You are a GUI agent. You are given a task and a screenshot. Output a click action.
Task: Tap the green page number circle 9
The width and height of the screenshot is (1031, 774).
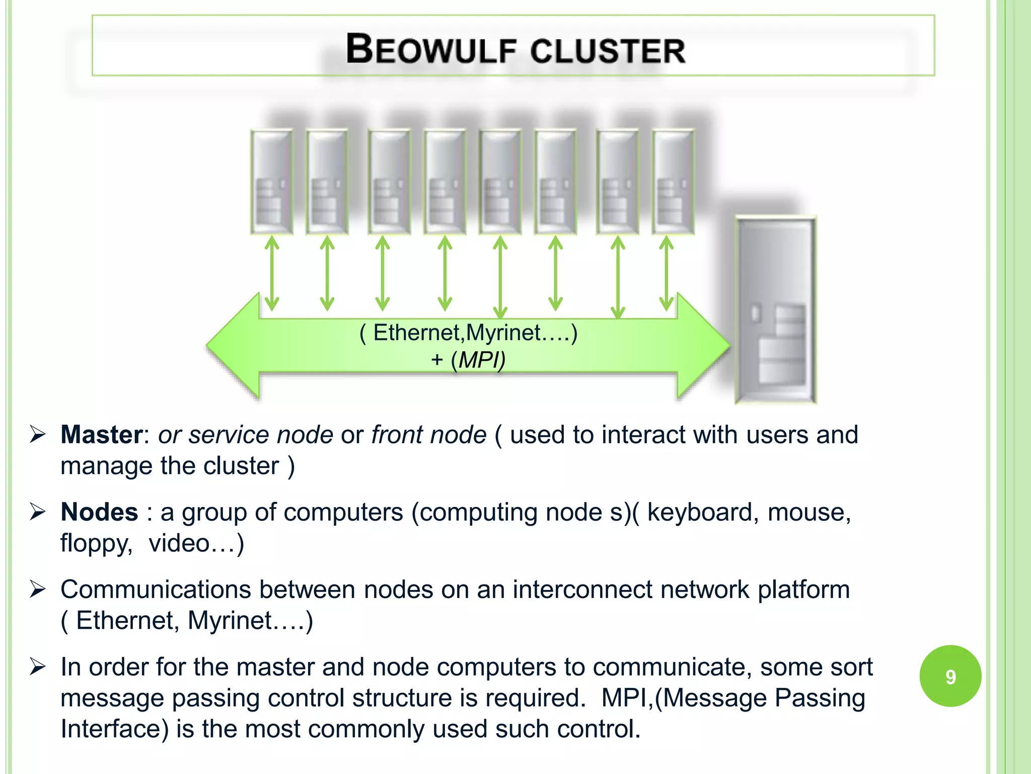pyautogui.click(x=950, y=676)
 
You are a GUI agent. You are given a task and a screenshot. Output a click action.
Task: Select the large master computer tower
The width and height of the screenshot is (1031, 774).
pyautogui.click(x=775, y=310)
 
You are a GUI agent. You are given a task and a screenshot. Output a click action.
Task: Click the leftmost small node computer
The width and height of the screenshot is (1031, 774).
pyautogui.click(x=272, y=181)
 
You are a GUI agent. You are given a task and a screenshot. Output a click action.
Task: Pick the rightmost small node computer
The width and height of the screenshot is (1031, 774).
pyautogui.click(x=673, y=181)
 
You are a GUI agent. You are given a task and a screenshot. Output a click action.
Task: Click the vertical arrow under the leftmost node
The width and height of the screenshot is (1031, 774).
pyautogui.click(x=272, y=274)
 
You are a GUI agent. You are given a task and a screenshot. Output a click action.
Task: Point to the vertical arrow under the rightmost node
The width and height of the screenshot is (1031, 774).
pyautogui.click(x=667, y=274)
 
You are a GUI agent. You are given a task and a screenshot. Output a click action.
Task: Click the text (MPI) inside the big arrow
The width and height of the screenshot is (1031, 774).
pyautogui.click(x=478, y=360)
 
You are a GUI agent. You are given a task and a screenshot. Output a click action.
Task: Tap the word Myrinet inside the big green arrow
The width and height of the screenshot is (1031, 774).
pyautogui.click(x=503, y=333)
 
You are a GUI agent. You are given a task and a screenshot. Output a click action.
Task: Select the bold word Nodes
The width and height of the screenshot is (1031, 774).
pyautogui.click(x=99, y=512)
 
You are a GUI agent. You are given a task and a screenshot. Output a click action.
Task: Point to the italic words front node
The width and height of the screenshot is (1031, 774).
pyautogui.click(x=429, y=434)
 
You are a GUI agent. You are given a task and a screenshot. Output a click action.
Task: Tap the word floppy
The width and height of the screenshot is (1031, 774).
pyautogui.click(x=96, y=543)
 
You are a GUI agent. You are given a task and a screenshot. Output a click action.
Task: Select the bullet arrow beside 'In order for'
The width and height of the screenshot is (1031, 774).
pyautogui.click(x=38, y=667)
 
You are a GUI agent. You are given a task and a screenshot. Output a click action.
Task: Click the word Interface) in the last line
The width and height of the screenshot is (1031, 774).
pyautogui.click(x=114, y=729)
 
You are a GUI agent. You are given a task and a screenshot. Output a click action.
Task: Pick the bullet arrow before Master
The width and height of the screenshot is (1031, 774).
pyautogui.click(x=38, y=434)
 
